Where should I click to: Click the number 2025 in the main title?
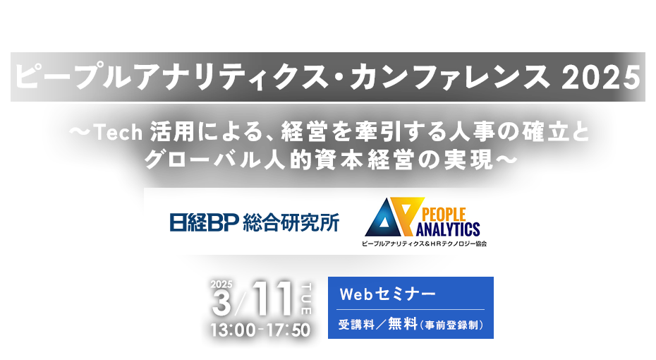(601, 78)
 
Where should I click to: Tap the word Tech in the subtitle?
(119, 133)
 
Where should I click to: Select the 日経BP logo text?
(204, 222)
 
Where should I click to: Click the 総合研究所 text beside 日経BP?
(291, 222)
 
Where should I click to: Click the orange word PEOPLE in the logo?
(444, 215)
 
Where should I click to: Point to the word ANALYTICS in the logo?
(448, 229)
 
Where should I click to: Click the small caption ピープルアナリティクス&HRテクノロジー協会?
(424, 244)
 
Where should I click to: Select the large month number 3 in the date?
(221, 303)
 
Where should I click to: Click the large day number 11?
(272, 299)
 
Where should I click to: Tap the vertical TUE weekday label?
(306, 299)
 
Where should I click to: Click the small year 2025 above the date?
(221, 284)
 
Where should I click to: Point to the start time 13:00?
(233, 330)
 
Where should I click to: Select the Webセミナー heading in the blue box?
(387, 294)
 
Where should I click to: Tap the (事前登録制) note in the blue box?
(452, 325)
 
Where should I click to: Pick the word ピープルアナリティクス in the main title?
(171, 78)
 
